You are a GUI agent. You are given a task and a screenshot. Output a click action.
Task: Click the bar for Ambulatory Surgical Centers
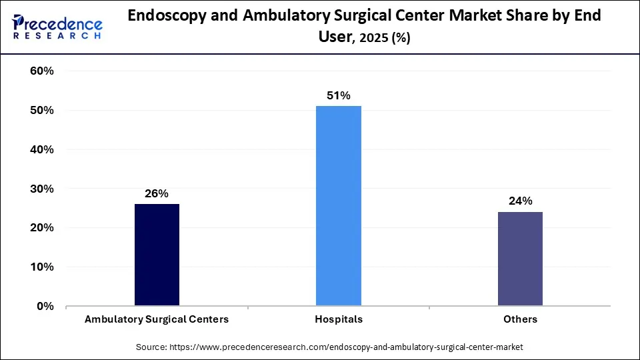157,255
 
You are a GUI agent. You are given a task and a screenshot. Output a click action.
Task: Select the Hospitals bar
339,206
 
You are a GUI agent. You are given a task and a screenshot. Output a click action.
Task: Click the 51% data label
339,95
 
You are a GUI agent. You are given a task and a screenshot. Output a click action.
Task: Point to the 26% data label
157,193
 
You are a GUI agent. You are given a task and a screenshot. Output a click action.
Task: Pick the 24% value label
520,201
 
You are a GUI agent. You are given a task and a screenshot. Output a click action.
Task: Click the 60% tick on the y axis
41,71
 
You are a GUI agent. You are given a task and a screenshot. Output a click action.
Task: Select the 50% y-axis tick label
41,110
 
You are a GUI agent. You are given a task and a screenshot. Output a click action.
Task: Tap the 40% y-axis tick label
41,149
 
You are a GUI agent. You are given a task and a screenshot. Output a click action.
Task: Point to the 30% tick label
41,189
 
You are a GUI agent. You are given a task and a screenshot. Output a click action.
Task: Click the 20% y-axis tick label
41,227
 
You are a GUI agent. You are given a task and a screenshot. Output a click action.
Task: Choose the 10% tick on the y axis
41,267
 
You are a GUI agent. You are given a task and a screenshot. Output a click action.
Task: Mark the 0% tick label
45,306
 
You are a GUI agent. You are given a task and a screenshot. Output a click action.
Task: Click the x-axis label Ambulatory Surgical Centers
157,319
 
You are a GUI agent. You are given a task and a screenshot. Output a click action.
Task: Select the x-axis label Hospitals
339,319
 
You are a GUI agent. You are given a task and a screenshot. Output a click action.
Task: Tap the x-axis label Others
520,319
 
